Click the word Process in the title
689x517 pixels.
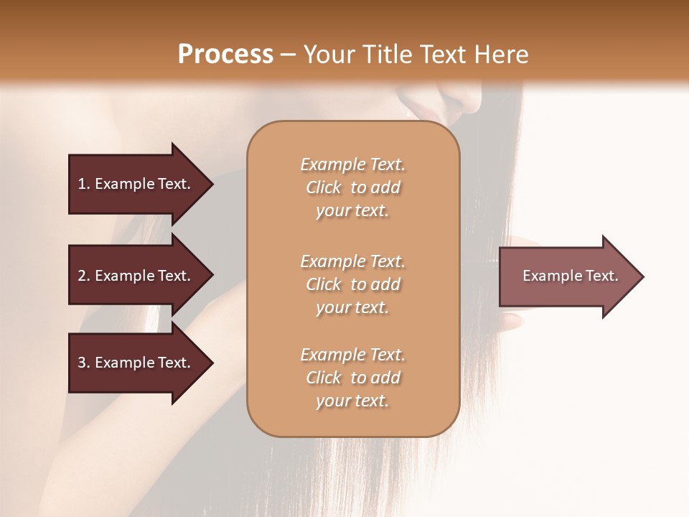[225, 55]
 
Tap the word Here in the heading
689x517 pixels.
[500, 55]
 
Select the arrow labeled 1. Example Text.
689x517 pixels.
[136, 184]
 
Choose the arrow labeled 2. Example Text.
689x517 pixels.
[136, 276]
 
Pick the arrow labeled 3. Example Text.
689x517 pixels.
[136, 363]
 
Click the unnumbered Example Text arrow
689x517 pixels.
[570, 276]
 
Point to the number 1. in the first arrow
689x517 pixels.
[84, 184]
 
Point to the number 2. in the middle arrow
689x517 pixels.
[84, 276]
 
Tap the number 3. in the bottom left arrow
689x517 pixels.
[84, 363]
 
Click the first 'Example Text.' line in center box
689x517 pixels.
[352, 164]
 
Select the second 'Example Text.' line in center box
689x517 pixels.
[352, 261]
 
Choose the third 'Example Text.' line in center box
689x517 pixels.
[352, 355]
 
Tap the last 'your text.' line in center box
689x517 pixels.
[352, 401]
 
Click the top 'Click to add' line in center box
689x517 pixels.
[352, 187]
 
